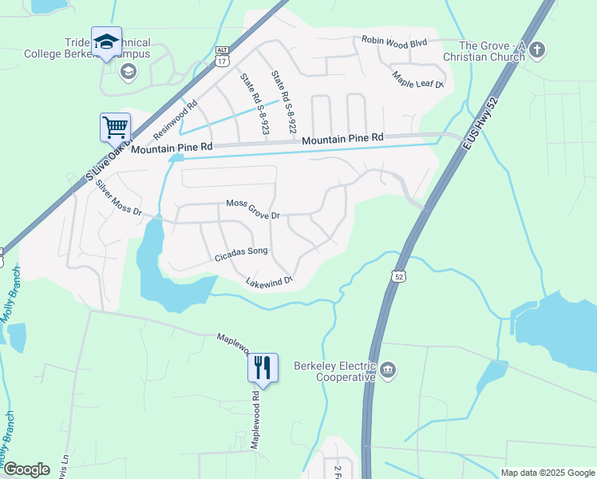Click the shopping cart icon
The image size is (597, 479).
(115, 126)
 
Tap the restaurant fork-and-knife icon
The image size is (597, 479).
(263, 367)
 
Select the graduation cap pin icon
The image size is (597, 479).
(106, 42)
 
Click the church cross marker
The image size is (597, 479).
(537, 49)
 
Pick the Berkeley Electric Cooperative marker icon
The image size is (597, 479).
(388, 369)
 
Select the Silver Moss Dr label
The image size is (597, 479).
(118, 198)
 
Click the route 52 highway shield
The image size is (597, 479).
(398, 275)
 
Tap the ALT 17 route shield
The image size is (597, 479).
(222, 54)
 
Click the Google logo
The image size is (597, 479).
(26, 469)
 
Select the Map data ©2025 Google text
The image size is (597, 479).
(548, 473)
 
